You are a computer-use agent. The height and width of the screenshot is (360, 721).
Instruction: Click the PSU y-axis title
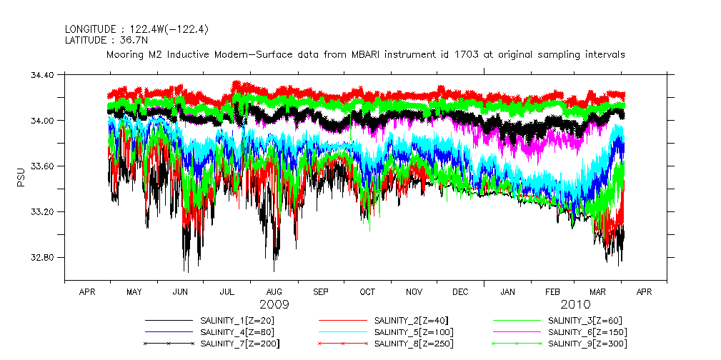coord(20,176)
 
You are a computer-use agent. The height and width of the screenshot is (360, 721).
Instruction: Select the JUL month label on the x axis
coord(227,292)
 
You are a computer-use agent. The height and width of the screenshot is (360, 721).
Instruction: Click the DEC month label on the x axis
coord(460,292)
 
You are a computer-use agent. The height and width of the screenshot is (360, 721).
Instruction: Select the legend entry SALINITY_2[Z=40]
coord(411,321)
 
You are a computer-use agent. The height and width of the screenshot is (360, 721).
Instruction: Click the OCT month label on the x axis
coord(367,292)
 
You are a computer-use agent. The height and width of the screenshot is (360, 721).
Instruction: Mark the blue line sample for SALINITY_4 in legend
coord(169,332)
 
